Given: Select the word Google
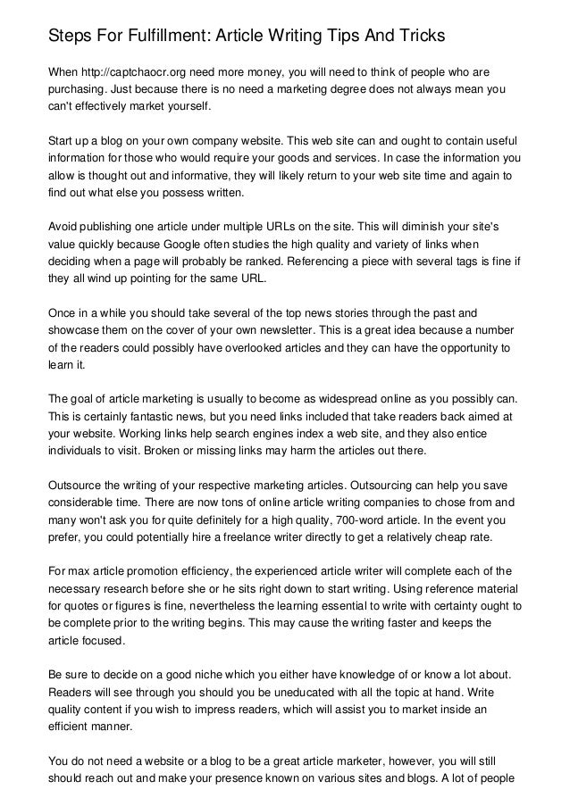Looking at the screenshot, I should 233,244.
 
